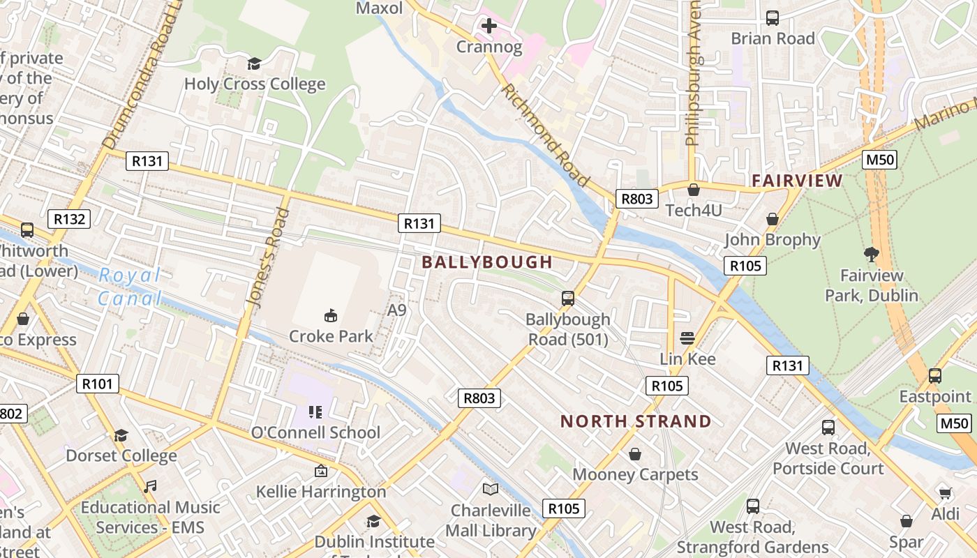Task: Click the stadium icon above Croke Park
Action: click(331, 316)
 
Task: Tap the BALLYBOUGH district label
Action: click(487, 262)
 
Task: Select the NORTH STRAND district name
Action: click(636, 421)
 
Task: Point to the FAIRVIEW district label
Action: click(797, 181)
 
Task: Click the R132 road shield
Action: click(70, 219)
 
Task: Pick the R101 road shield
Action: click(98, 383)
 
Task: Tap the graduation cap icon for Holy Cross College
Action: click(254, 64)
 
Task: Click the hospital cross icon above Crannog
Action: click(489, 27)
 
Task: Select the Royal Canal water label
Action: click(130, 287)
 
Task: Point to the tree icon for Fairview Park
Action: click(871, 255)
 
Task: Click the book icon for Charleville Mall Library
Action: click(491, 490)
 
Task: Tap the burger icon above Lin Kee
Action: click(687, 338)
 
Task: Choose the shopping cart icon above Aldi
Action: click(945, 494)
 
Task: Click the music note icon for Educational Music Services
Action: click(150, 487)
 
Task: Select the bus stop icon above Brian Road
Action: click(773, 18)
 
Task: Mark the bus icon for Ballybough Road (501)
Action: click(568, 299)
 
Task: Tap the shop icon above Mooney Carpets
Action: click(635, 454)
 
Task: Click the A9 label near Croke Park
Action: click(396, 310)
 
